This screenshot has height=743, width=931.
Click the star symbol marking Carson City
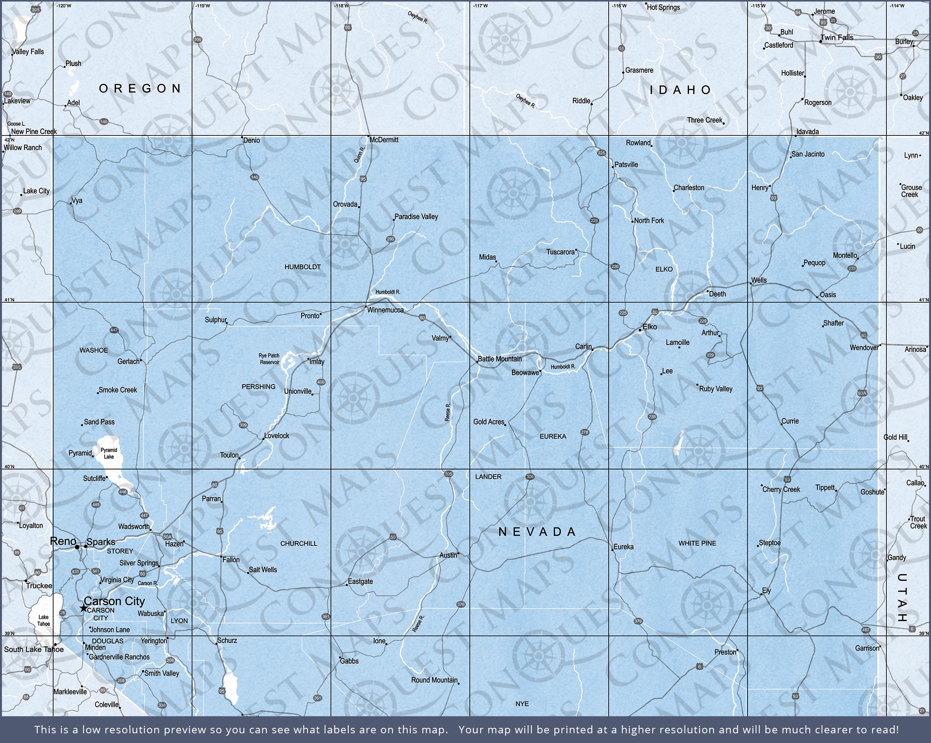[x=83, y=608]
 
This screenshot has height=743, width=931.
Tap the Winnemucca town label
[x=385, y=310]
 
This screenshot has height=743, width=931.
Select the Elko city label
[x=649, y=327]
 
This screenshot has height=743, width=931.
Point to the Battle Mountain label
[x=500, y=359]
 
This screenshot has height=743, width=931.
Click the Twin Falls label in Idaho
[x=837, y=38]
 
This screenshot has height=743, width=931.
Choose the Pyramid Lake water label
[x=109, y=453]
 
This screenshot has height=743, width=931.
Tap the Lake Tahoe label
[x=43, y=620]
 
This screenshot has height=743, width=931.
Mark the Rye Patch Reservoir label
[x=270, y=359]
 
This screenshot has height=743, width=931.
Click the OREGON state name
[x=140, y=88]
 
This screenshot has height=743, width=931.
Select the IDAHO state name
[x=681, y=90]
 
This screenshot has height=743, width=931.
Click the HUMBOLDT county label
[x=302, y=267]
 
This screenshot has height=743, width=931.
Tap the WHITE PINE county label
[x=697, y=543]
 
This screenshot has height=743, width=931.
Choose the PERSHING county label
[x=258, y=386]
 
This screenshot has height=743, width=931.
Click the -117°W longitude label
[x=480, y=5]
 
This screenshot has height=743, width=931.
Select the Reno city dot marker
[x=77, y=547]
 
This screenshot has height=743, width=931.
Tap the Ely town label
[x=766, y=591]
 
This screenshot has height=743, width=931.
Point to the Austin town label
[x=448, y=555]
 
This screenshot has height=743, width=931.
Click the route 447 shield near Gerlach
[x=114, y=330]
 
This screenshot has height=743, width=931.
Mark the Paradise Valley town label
[x=416, y=216]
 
